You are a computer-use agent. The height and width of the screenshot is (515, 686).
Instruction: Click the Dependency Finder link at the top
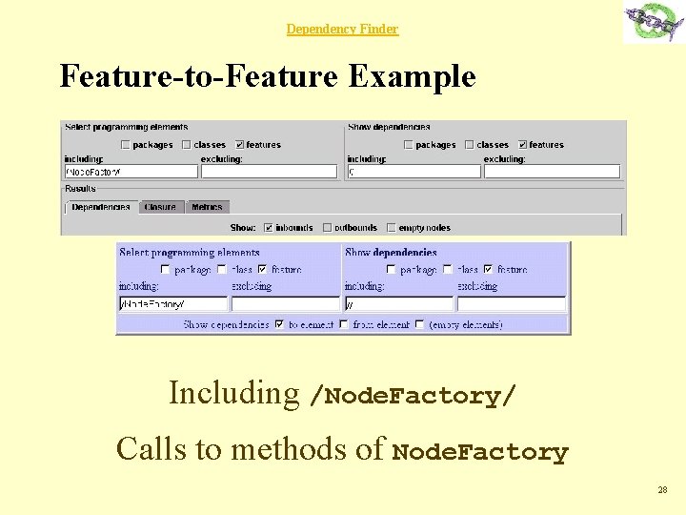tap(342, 30)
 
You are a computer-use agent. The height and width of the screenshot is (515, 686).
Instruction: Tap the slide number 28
tap(662, 490)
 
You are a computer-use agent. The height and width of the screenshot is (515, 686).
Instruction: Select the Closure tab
tap(160, 207)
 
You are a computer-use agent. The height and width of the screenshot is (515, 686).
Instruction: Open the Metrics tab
tap(207, 207)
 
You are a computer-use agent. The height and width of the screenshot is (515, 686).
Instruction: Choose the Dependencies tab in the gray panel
tap(100, 207)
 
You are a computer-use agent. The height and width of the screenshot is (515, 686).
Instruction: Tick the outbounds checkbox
tap(327, 228)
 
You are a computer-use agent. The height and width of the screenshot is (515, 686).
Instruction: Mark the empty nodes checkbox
tap(392, 228)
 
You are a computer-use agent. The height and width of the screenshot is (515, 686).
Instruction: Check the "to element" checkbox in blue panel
tap(279, 324)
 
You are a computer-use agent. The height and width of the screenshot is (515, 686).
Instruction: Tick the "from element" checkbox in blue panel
tap(344, 324)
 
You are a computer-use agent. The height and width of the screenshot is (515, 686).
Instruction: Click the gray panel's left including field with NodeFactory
tap(131, 173)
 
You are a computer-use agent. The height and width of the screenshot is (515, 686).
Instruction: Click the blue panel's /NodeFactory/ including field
tap(172, 304)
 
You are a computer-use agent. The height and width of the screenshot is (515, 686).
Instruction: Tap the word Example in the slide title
tap(412, 75)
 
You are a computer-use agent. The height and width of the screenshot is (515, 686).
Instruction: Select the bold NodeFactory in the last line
tap(480, 452)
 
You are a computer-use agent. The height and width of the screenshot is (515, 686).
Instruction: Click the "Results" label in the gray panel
tap(80, 189)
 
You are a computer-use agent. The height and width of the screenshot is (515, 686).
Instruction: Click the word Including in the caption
tap(233, 393)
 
